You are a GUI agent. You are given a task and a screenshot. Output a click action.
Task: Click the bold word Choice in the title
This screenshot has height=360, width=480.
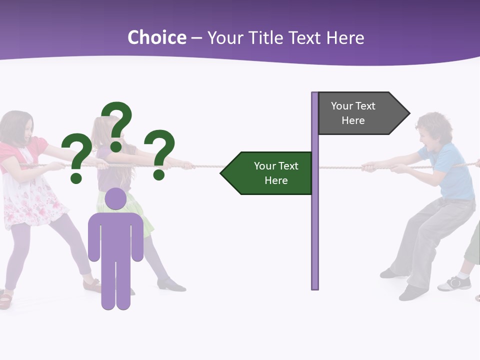(156, 37)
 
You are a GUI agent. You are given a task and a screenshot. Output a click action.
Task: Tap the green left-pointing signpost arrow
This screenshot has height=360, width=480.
(267, 173)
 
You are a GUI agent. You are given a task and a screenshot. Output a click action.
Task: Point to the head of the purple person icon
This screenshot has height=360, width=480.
(116, 199)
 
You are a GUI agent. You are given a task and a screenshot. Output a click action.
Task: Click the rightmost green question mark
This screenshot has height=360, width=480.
(161, 153)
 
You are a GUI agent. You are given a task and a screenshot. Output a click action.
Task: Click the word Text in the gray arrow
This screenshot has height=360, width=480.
(365, 106)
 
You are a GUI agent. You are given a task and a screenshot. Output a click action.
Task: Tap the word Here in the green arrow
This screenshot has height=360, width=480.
(276, 180)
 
